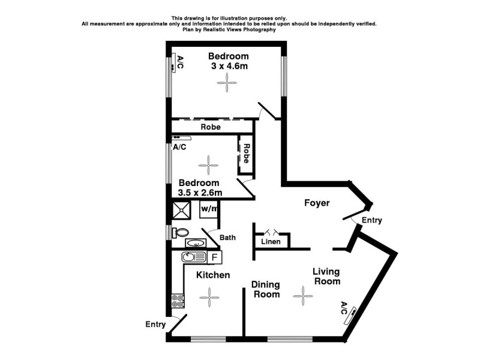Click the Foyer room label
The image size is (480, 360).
[316, 203]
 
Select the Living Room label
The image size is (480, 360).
[326, 277]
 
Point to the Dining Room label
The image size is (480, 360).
[265, 289]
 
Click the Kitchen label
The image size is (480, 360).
[214, 275]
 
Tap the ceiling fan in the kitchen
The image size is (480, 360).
[210, 295]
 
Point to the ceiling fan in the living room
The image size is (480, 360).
[304, 295]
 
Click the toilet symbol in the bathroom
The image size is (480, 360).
[180, 232]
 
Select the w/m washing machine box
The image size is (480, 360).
[209, 209]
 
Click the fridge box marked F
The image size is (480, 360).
[215, 257]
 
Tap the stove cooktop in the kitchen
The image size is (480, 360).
[177, 300]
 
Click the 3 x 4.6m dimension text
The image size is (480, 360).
[229, 67]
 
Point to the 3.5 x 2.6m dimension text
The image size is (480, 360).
[200, 193]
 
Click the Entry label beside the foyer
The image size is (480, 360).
[371, 221]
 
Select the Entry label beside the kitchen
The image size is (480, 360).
[155, 325]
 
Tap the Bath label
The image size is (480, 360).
[227, 238]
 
